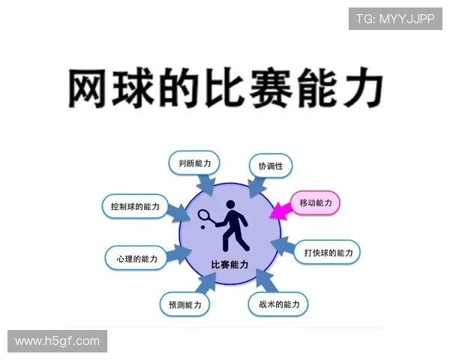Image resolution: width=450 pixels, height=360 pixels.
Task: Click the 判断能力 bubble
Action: pyautogui.click(x=193, y=163)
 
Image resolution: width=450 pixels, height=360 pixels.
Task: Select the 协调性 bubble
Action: pyautogui.click(x=270, y=166)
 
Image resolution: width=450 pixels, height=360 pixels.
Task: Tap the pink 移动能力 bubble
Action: pyautogui.click(x=315, y=203)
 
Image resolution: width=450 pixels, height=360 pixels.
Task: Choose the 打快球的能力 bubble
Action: pyautogui.click(x=327, y=252)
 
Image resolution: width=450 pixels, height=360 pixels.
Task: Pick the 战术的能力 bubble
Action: pyautogui.click(x=278, y=304)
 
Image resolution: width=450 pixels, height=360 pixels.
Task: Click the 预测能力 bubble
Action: pyautogui.click(x=184, y=304)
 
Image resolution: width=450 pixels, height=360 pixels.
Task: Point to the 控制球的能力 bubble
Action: pyautogui.click(x=134, y=206)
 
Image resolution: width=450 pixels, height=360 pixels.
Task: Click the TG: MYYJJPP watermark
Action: pyautogui.click(x=395, y=19)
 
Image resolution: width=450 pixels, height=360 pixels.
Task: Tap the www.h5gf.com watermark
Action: pyautogui.click(x=57, y=341)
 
